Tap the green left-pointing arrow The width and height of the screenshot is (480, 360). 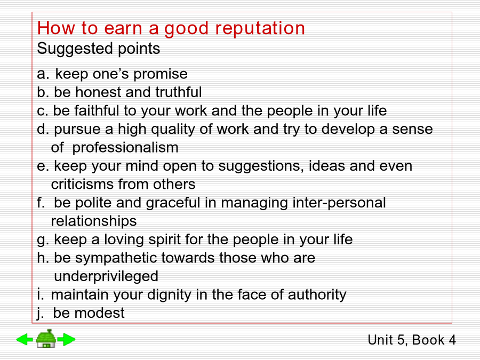pyautogui.click(x=25, y=339)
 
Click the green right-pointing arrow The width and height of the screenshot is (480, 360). pyautogui.click(x=67, y=339)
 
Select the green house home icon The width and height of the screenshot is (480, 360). pyautogui.click(x=46, y=339)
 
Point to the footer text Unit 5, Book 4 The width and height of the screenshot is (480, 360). pyautogui.click(x=412, y=340)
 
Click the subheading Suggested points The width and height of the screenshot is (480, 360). pyautogui.click(x=99, y=49)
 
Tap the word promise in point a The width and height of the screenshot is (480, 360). pyautogui.click(x=161, y=74)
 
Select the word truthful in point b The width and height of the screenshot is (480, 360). pyautogui.click(x=179, y=92)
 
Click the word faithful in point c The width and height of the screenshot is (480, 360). pyautogui.click(x=97, y=110)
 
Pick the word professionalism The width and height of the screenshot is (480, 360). pyautogui.click(x=125, y=148)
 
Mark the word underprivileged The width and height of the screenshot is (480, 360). pyautogui.click(x=106, y=277)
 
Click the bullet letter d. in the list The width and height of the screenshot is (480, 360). pyautogui.click(x=43, y=129)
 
